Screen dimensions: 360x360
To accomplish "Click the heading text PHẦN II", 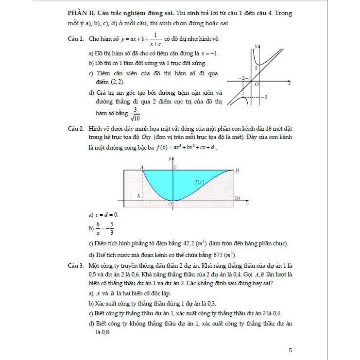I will (80, 13).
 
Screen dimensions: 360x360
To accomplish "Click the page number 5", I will (290, 350).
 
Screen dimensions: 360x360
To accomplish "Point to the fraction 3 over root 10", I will (134, 114).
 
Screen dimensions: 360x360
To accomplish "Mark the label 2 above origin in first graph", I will (256, 68).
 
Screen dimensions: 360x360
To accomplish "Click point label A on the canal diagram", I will (142, 167).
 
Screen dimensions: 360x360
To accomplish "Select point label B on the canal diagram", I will (237, 171).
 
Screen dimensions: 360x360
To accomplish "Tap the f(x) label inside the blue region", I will (199, 182).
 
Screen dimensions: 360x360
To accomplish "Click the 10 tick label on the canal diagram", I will (237, 198).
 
